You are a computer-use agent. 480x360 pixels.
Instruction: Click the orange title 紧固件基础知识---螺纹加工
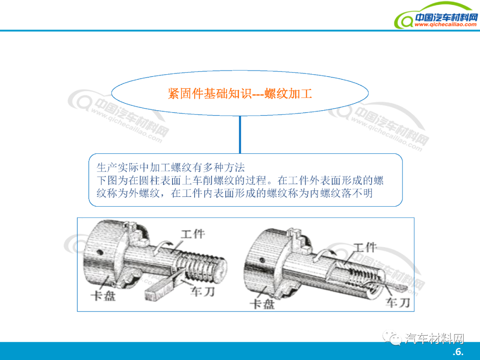point(240,93)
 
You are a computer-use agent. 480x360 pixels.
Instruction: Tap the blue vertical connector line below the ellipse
point(240,135)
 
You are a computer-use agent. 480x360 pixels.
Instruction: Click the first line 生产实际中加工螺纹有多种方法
point(171,168)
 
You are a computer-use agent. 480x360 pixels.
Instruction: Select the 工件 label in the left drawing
point(192,234)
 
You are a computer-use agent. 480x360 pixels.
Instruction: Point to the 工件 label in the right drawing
point(365,248)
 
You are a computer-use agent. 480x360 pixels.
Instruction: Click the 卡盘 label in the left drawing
point(103,296)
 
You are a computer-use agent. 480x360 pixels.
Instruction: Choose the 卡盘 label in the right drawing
point(262,304)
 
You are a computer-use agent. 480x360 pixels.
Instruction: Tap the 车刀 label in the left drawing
point(202,292)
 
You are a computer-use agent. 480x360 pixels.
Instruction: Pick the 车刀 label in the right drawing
point(398,303)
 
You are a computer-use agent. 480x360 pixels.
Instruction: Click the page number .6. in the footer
point(458,352)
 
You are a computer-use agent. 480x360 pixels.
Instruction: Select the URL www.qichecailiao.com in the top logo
point(445,24)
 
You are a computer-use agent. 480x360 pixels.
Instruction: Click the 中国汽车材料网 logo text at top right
point(446,17)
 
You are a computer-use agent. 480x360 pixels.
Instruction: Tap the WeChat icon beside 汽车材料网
point(392,338)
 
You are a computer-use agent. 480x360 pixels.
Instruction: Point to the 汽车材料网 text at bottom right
point(434,339)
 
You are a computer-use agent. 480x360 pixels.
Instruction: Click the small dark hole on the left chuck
point(99,252)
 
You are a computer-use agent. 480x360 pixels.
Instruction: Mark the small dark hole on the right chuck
point(262,260)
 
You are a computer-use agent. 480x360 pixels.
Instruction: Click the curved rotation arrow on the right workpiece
point(324,254)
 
